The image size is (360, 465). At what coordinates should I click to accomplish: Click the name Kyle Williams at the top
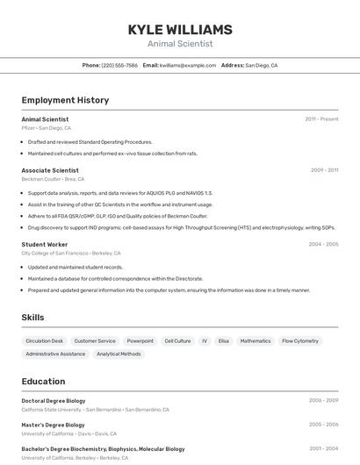tap(180, 29)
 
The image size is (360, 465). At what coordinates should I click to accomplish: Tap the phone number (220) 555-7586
tap(119, 65)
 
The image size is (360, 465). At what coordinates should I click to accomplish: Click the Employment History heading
tap(65, 100)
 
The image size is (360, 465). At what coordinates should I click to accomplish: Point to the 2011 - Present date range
tap(321, 119)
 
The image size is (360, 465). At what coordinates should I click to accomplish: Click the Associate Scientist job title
tap(50, 170)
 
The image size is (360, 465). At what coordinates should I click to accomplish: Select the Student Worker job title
tap(45, 245)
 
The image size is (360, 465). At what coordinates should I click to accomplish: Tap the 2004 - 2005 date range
tap(323, 245)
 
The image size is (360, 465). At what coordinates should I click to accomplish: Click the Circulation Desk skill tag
tap(45, 340)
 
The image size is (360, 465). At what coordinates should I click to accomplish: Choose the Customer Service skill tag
tap(95, 340)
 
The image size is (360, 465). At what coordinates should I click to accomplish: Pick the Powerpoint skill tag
tap(140, 340)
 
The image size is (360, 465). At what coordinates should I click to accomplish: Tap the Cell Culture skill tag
tap(177, 340)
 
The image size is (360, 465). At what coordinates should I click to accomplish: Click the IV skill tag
tap(205, 340)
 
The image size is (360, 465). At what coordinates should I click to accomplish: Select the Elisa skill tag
tap(224, 340)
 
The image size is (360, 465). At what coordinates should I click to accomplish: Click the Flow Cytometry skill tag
tap(300, 340)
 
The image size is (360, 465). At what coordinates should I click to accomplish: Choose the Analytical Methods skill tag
tap(119, 354)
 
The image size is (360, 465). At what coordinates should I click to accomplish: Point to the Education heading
tap(43, 382)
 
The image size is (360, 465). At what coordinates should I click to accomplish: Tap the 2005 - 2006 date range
tap(323, 424)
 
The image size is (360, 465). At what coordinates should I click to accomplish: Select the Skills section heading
tap(32, 318)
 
